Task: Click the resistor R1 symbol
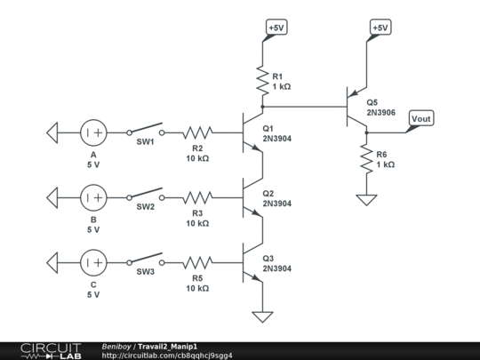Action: [x=262, y=82]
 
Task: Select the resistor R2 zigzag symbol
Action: [x=199, y=133]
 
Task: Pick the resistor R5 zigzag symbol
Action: [x=199, y=262]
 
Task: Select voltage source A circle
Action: [x=94, y=133]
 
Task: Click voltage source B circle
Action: [x=94, y=196]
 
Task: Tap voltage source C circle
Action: [x=94, y=262]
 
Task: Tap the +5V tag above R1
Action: [x=276, y=28]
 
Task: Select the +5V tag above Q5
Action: [x=380, y=28]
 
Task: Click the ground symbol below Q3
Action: [x=262, y=316]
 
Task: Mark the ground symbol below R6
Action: [x=366, y=200]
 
